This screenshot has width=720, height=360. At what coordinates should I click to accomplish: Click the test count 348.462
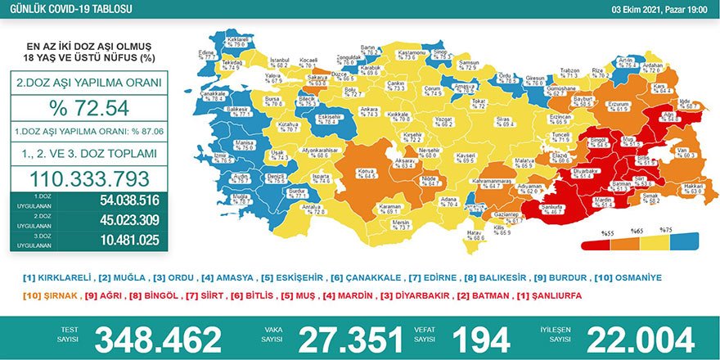click(x=158, y=338)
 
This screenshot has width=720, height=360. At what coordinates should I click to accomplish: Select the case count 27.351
click(x=351, y=338)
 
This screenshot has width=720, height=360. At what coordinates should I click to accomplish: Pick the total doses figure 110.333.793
click(x=90, y=178)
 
